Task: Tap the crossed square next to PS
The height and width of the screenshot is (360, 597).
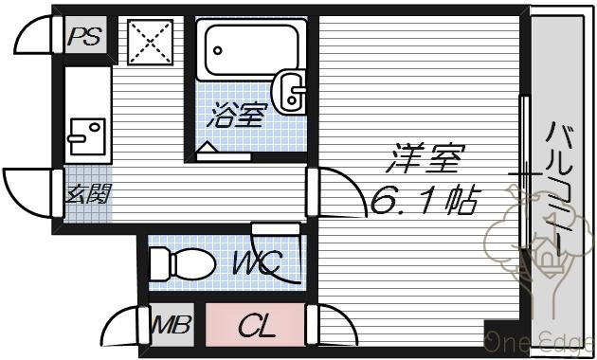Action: tap(151, 43)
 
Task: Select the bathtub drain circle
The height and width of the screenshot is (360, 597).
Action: tap(217, 50)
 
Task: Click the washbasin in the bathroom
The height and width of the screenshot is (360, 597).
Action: tap(290, 91)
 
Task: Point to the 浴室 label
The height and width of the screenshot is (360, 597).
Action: tap(235, 115)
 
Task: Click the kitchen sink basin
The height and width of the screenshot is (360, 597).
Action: tap(87, 136)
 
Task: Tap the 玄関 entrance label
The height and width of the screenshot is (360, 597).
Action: tap(88, 193)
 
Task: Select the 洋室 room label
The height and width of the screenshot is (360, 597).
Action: tap(425, 158)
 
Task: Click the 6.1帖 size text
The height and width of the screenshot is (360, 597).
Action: tap(424, 200)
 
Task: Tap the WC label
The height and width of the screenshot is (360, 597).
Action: tap(258, 262)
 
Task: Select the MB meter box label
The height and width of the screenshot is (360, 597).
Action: tap(171, 325)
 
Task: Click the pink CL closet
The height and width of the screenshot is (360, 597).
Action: tap(256, 325)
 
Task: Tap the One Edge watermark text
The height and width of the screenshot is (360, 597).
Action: tap(540, 341)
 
